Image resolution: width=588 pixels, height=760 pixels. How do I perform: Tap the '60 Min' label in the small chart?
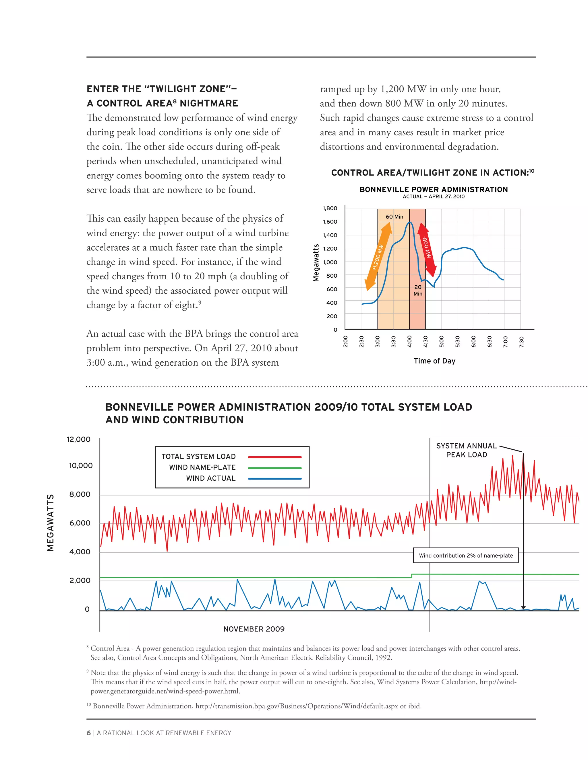(394, 217)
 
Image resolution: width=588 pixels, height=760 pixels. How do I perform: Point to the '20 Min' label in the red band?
(418, 290)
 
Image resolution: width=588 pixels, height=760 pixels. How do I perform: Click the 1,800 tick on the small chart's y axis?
(330, 208)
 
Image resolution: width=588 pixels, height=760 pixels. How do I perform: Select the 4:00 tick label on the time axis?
(410, 341)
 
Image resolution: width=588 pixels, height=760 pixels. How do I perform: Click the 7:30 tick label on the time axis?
(521, 341)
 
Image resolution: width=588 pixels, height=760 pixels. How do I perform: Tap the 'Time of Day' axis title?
(434, 361)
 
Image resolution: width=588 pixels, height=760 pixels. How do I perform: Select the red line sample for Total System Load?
(274, 457)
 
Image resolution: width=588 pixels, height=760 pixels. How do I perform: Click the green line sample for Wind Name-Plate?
(274, 468)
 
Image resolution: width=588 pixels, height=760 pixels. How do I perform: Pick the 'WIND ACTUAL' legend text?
(211, 478)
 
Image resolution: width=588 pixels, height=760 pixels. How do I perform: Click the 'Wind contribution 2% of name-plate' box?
(466, 556)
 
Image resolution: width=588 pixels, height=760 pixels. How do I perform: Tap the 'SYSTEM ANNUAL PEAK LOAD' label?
(467, 450)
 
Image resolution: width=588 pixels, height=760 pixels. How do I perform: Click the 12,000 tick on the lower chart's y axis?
(78, 439)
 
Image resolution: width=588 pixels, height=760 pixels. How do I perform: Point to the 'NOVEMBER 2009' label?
(254, 629)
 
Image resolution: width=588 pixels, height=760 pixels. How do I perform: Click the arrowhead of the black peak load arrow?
(523, 607)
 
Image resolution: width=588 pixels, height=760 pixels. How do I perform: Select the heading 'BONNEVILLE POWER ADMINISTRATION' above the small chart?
(434, 190)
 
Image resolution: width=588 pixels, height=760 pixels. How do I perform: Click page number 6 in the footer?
(88, 733)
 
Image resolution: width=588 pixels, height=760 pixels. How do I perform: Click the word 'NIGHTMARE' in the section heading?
(209, 103)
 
